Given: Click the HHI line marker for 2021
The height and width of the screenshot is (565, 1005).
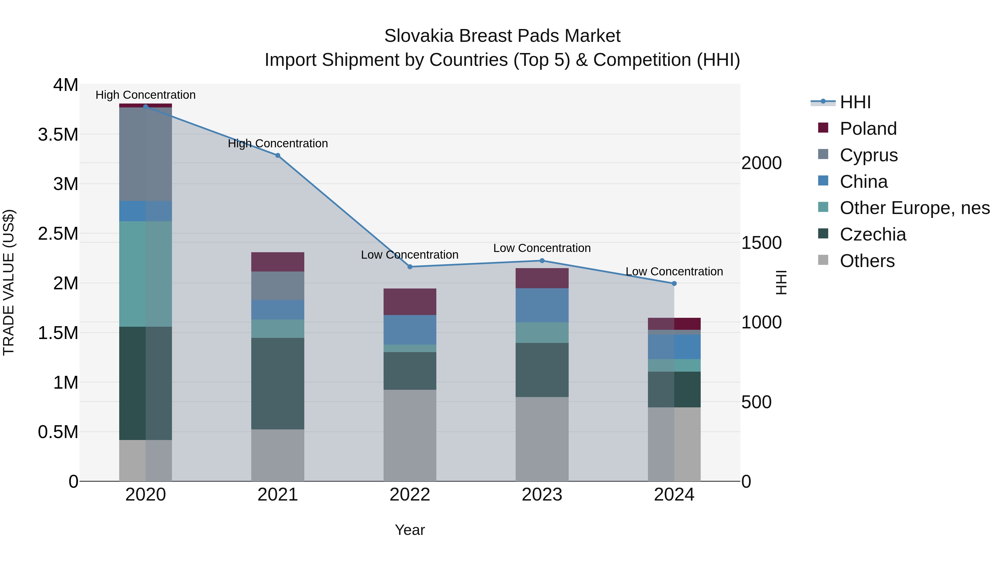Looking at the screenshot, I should click(x=277, y=155).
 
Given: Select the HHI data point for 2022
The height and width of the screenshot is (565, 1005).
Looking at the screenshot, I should click(x=410, y=267).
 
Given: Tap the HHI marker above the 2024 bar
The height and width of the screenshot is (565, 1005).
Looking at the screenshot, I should click(x=674, y=283).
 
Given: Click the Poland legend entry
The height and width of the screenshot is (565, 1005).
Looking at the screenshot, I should click(x=868, y=129).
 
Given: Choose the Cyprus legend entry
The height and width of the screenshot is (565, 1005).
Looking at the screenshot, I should click(x=868, y=155).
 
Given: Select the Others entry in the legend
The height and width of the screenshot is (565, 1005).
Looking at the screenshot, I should click(x=867, y=261).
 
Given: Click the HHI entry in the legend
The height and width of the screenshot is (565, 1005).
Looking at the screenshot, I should click(x=855, y=102).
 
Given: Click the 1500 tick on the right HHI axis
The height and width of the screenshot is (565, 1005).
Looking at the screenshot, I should click(x=761, y=243).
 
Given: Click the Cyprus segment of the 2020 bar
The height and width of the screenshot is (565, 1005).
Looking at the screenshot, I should click(x=145, y=154).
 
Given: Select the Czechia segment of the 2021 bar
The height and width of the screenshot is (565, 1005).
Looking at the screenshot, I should click(x=277, y=383).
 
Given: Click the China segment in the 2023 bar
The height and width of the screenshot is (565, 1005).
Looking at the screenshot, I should click(x=542, y=305).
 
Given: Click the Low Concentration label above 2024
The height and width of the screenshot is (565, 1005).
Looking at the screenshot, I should click(x=674, y=271).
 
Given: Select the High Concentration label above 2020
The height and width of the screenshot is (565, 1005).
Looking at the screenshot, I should click(x=145, y=95).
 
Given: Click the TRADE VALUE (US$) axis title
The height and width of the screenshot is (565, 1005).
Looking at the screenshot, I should click(x=9, y=282).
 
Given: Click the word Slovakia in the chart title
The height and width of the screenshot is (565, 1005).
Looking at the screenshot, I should click(x=419, y=36).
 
